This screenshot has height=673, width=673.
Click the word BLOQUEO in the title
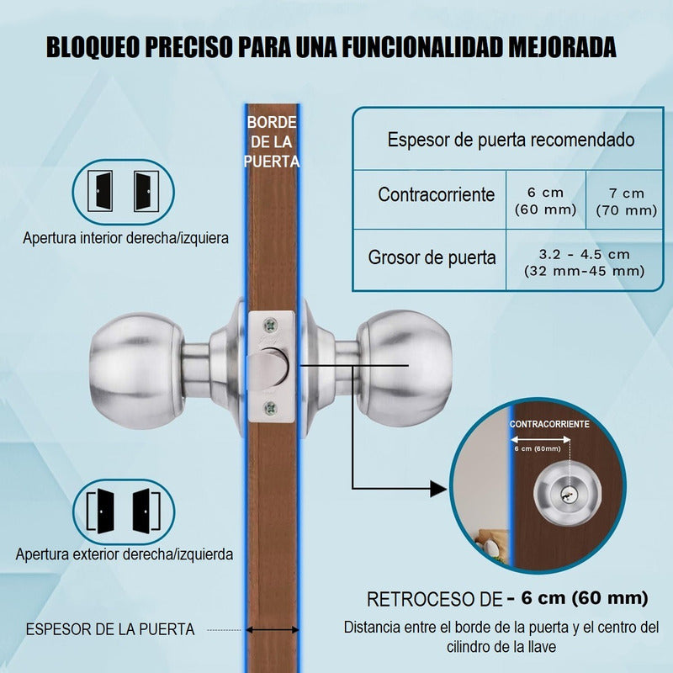click(93, 47)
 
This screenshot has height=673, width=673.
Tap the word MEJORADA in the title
click(562, 47)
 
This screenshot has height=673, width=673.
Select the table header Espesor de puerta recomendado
click(511, 140)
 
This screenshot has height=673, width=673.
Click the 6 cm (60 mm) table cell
click(545, 201)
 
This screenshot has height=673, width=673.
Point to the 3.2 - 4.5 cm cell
click(584, 262)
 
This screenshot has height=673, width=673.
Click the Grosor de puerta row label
click(432, 257)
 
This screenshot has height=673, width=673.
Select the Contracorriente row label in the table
click(436, 194)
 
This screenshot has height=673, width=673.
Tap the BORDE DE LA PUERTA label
click(272, 142)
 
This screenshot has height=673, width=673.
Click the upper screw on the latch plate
click(270, 326)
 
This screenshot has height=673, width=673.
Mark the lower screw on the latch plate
click(270, 408)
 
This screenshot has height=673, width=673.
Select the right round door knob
click(405, 368)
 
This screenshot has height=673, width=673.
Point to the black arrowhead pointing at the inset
click(437, 489)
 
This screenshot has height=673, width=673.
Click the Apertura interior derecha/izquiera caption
click(125, 238)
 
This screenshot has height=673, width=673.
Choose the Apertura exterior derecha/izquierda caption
click(125, 554)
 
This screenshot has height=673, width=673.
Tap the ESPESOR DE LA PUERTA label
click(110, 629)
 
